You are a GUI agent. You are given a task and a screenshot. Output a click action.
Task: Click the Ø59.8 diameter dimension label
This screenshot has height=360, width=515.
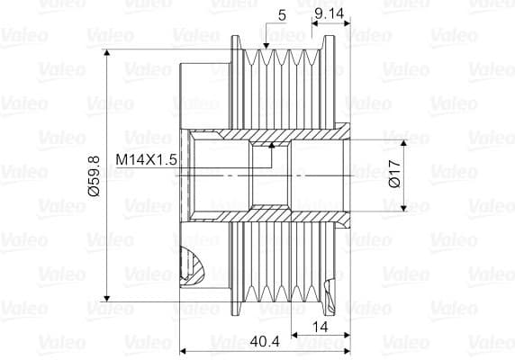[x=94, y=176]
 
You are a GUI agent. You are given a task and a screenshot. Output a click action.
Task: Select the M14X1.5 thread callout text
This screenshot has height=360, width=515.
[x=146, y=160]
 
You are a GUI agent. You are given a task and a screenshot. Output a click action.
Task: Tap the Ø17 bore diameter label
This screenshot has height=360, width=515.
[x=394, y=174]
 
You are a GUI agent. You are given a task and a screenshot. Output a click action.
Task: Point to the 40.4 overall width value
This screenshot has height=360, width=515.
[x=265, y=342]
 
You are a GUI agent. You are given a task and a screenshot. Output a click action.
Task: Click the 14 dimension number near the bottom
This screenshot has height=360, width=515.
[x=320, y=327]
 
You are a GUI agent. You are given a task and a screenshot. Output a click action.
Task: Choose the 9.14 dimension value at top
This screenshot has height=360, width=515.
[x=330, y=13]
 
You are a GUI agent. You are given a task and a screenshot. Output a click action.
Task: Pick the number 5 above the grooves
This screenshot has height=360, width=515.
[x=282, y=15]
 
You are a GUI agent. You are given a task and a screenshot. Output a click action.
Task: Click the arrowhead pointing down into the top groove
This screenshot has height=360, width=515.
[x=266, y=46]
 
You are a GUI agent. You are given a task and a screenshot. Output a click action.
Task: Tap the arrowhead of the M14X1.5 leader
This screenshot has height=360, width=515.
[x=272, y=145]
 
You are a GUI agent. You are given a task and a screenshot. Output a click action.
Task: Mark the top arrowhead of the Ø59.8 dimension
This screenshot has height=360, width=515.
[x=107, y=52]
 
